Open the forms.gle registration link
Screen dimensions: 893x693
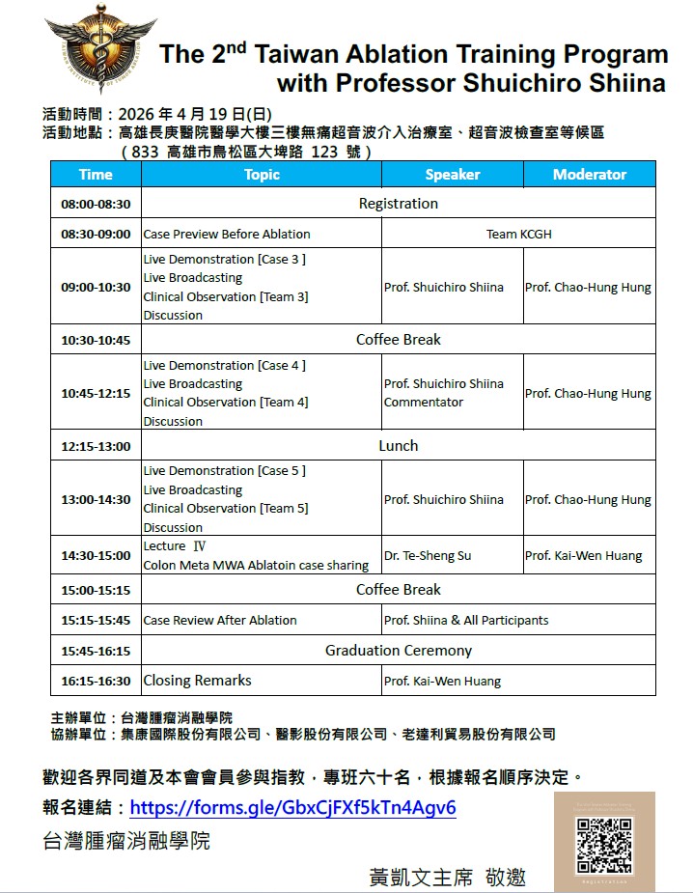(292, 807)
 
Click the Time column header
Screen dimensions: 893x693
(96, 175)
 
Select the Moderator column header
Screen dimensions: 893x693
(590, 175)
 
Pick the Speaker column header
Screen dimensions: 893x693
(453, 175)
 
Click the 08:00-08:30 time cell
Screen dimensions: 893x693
(96, 205)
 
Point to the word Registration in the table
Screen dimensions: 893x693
(398, 204)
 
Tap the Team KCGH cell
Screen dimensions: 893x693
(518, 234)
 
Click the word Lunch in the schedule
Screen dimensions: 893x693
(398, 446)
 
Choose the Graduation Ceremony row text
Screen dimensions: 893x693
(398, 651)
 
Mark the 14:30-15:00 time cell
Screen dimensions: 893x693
(96, 555)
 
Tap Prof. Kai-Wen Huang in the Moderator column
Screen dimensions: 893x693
(583, 555)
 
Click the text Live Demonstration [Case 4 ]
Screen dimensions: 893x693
(224, 366)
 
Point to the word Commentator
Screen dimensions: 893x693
(410, 403)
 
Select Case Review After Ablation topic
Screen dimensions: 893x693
(220, 621)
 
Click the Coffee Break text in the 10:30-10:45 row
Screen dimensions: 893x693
(398, 340)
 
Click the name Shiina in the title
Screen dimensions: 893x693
(624, 83)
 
